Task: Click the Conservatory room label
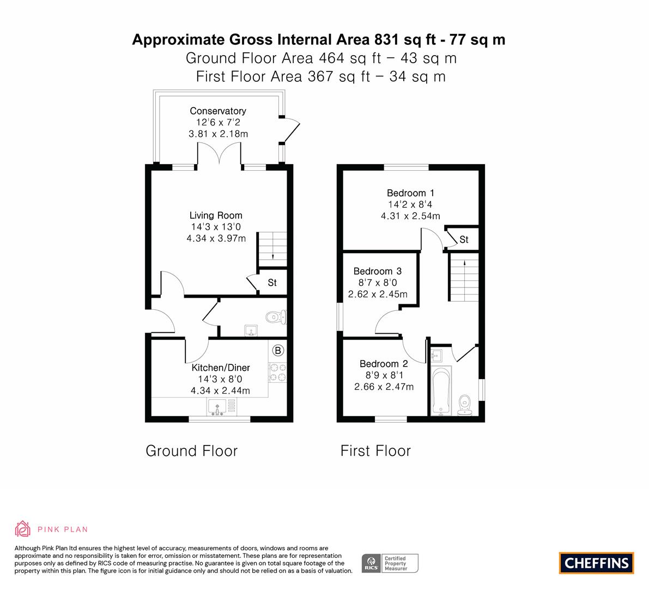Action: [x=218, y=111]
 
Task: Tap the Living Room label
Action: [x=216, y=215]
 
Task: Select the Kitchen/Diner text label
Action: [x=221, y=368]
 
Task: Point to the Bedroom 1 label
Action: [x=410, y=193]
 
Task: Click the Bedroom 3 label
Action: [x=378, y=271]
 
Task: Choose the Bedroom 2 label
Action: [x=384, y=364]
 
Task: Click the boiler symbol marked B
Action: [x=278, y=351]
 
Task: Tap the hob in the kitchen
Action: [x=278, y=372]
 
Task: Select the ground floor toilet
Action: [x=275, y=318]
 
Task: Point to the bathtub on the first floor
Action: [x=441, y=390]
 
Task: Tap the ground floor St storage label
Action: [x=272, y=283]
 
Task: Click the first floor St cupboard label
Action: [x=464, y=239]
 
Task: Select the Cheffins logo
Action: [x=597, y=563]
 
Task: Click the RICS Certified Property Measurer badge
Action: [x=390, y=563]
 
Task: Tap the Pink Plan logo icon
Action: [x=23, y=528]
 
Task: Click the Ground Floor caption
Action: [x=192, y=450]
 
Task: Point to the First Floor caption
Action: [x=375, y=450]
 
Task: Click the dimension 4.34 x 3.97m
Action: [x=216, y=238]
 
